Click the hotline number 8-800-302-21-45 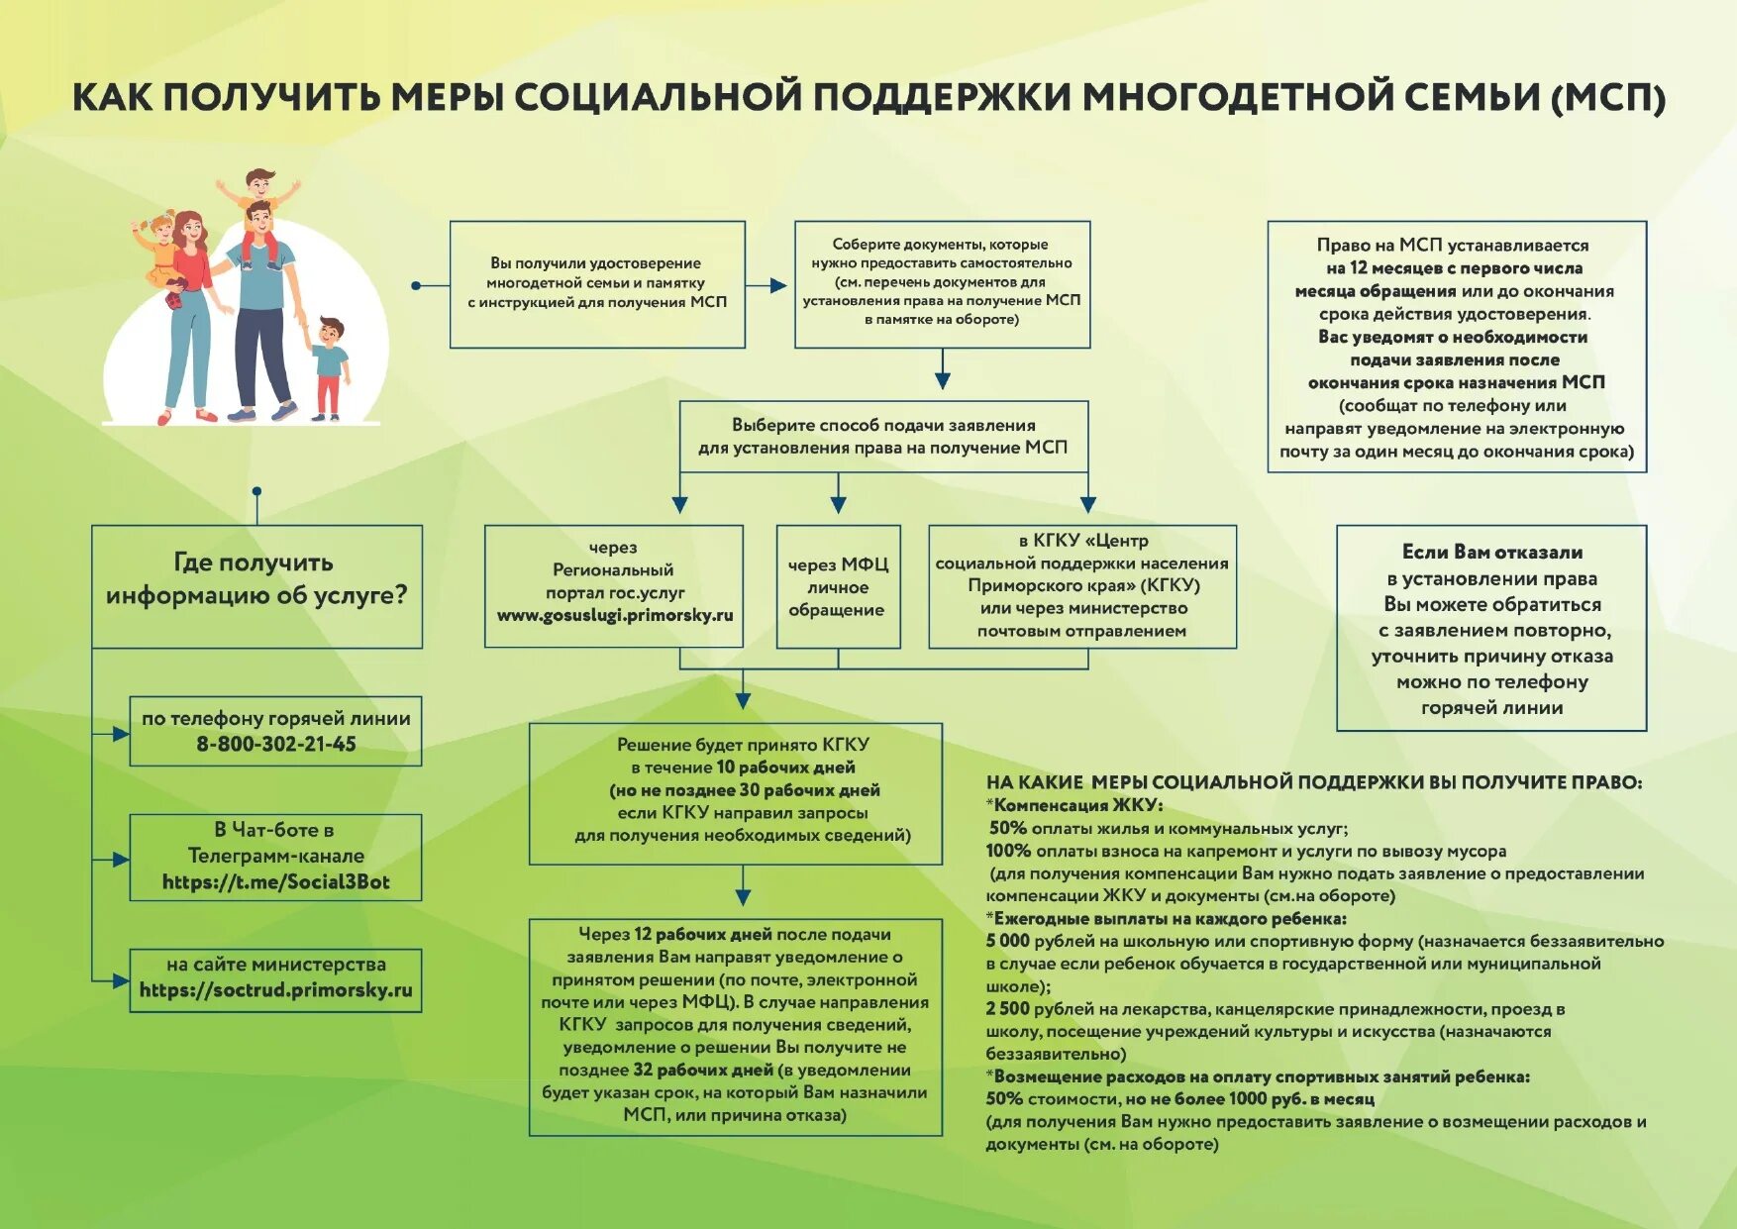[x=275, y=745]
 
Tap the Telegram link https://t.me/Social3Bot [x=275, y=882]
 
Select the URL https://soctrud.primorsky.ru [x=275, y=990]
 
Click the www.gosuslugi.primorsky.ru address [x=615, y=616]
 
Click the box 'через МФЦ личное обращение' [x=838, y=587]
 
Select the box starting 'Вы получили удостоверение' [x=597, y=283]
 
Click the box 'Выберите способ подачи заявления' [x=882, y=437]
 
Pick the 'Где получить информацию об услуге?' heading [x=256, y=579]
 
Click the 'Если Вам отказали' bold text [x=1491, y=553]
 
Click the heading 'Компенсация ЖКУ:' [x=1077, y=805]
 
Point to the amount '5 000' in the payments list [x=1007, y=941]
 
